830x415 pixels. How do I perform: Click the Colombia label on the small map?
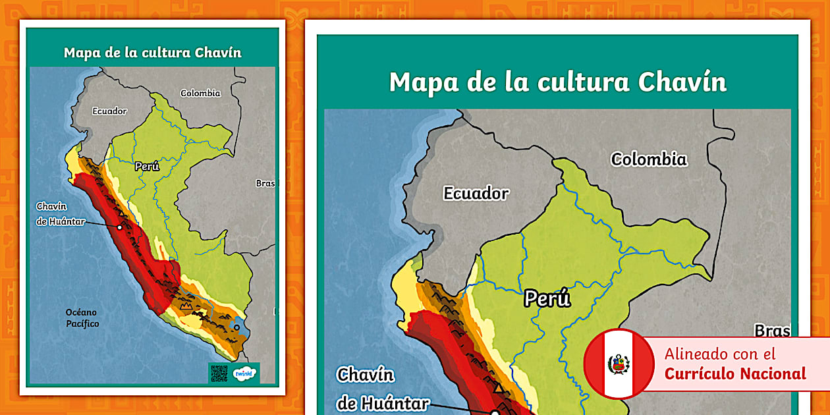pyautogui.click(x=200, y=94)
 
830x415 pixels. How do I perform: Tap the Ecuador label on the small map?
pyautogui.click(x=109, y=111)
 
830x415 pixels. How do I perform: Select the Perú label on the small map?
pyautogui.click(x=148, y=167)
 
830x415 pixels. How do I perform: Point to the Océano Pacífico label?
pyautogui.click(x=82, y=318)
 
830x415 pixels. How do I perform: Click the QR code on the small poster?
pyautogui.click(x=219, y=373)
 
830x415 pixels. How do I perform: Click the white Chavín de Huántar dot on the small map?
pyautogui.click(x=120, y=227)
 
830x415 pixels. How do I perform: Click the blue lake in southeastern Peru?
pyautogui.click(x=236, y=327)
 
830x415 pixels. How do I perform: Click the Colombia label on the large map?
pyautogui.click(x=649, y=159)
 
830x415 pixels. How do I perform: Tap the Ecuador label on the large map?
pyautogui.click(x=476, y=194)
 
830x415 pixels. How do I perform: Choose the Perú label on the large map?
pyautogui.click(x=547, y=299)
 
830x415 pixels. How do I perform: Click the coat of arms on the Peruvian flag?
pyautogui.click(x=619, y=364)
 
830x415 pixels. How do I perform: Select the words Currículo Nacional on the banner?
pyautogui.click(x=735, y=374)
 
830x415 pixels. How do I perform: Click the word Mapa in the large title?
pyautogui.click(x=421, y=82)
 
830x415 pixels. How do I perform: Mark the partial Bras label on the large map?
pyautogui.click(x=772, y=331)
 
